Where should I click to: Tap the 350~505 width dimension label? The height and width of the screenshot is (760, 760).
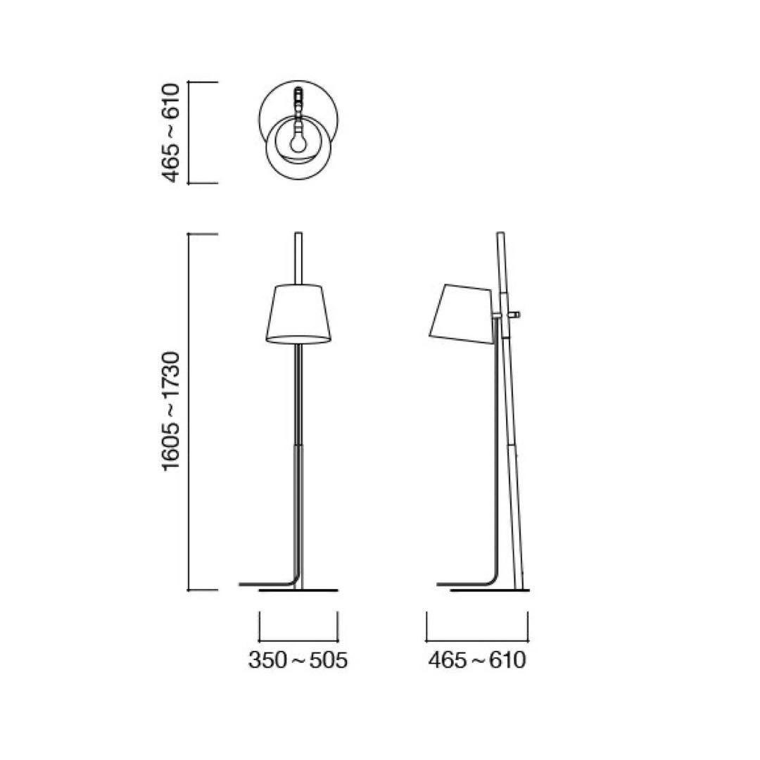click(298, 661)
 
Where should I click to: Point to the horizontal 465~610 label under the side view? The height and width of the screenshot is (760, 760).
click(477, 661)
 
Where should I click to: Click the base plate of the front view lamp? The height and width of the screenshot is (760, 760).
click(298, 590)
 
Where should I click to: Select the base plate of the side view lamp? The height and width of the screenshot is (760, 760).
click(490, 590)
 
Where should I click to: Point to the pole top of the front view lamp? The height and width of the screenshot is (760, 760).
click(298, 234)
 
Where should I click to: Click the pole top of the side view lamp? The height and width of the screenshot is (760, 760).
click(500, 234)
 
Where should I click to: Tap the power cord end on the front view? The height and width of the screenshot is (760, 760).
click(243, 584)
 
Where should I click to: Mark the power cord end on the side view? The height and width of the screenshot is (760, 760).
click(441, 584)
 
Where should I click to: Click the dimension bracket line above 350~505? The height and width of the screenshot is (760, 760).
click(298, 640)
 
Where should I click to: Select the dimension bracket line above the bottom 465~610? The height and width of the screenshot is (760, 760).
click(477, 640)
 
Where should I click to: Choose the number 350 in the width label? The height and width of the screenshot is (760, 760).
click(267, 661)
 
